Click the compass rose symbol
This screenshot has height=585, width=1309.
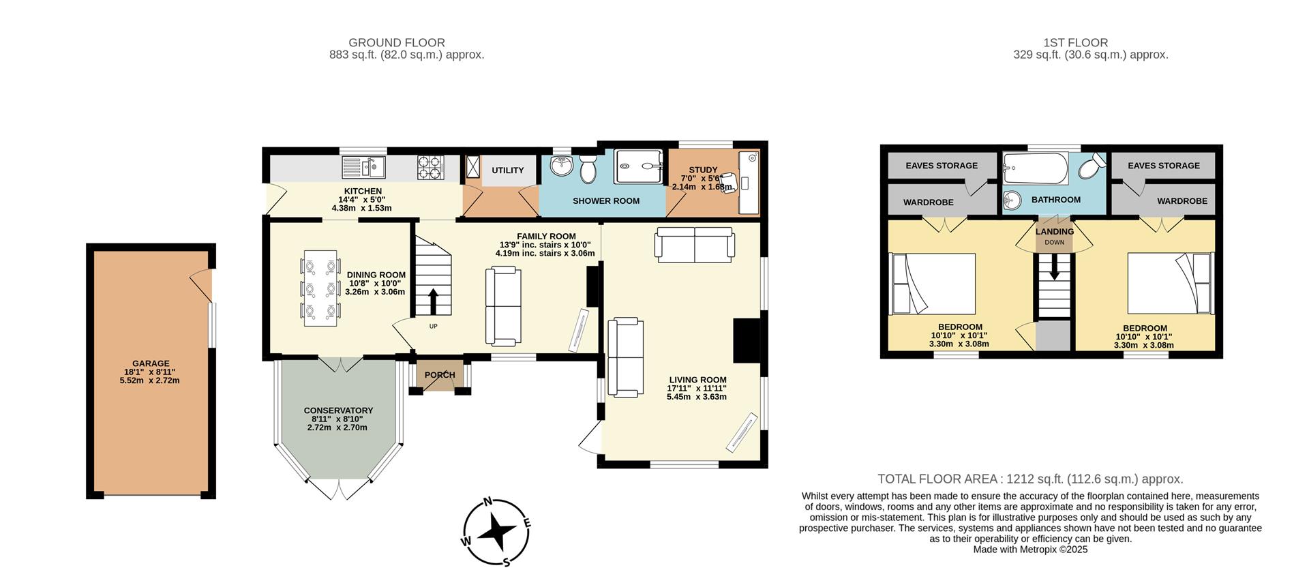(x=496, y=531)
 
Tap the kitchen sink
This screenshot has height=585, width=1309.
(x=363, y=166)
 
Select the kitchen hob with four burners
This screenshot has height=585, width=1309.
(x=430, y=167)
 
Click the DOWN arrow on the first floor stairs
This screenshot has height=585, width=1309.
(x=1054, y=267)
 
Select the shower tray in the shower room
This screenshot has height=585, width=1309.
(x=638, y=166)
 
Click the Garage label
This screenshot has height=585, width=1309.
(x=151, y=363)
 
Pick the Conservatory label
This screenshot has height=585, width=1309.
(x=338, y=410)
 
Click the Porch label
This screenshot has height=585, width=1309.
(x=440, y=375)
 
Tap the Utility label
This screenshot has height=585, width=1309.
(x=508, y=170)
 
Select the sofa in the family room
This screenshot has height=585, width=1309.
(x=503, y=306)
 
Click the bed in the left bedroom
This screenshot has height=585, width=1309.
(x=933, y=284)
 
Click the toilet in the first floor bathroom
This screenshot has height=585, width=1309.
(x=1092, y=166)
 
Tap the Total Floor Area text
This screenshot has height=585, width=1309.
(x=1029, y=479)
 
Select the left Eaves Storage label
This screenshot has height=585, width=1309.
(x=941, y=166)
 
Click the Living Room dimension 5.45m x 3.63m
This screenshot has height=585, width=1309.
(x=697, y=397)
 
